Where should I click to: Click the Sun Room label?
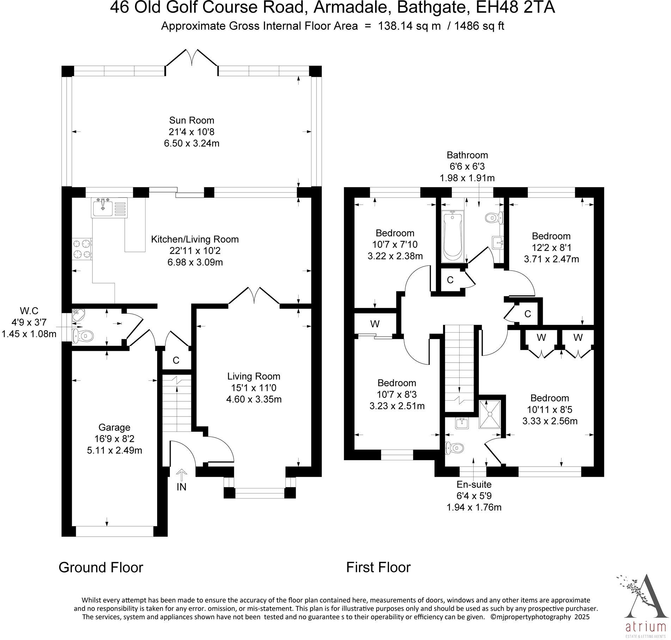tap(192, 120)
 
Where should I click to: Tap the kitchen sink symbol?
tap(109, 207)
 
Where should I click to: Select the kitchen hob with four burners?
tap(82, 249)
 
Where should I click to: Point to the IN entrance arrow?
tap(181, 475)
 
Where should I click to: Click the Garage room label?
tap(114, 427)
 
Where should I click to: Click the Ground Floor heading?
tap(101, 567)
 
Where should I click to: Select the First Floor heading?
tap(378, 567)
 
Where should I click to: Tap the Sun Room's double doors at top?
tap(192, 58)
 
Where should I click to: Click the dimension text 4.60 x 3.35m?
tap(254, 399)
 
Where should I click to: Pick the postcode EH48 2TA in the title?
tap(513, 8)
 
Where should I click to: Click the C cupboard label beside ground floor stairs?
tap(176, 360)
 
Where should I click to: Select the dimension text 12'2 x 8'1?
tap(551, 247)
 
